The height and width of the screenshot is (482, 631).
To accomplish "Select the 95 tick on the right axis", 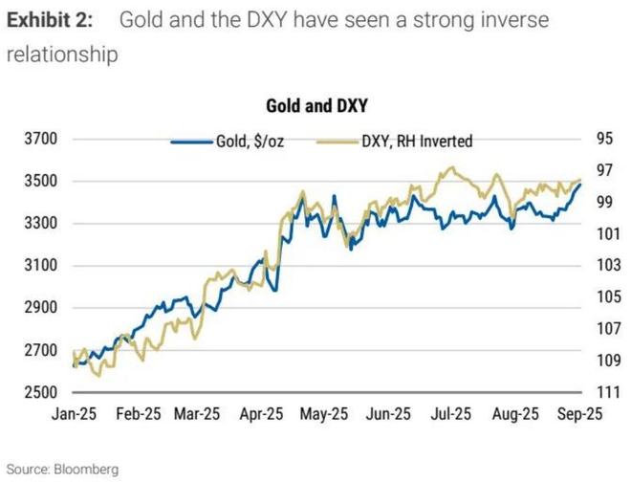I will [604, 139].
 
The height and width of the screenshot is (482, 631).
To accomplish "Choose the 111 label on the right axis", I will [604, 392].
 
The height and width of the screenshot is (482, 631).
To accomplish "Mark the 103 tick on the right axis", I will [604, 265].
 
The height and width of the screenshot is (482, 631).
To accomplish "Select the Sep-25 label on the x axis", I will [578, 416].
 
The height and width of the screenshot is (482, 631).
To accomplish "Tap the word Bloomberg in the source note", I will [85, 470].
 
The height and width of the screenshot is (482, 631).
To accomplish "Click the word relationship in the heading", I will [62, 55].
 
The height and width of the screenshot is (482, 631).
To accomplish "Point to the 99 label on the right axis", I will [604, 202].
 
